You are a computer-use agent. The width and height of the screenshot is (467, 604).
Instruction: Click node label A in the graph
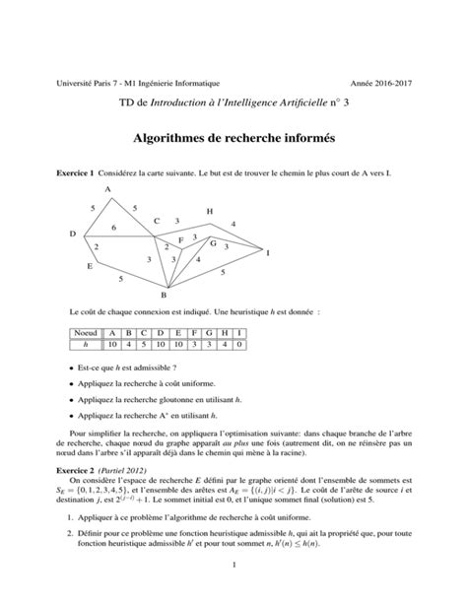[x=108, y=188]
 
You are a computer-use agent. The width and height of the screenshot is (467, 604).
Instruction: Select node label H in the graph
[x=209, y=211]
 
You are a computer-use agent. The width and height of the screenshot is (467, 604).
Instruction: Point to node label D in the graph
[x=72, y=235]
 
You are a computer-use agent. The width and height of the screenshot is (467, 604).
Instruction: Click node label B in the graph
[x=165, y=295]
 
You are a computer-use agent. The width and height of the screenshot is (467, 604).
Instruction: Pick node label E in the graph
[x=90, y=266]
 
